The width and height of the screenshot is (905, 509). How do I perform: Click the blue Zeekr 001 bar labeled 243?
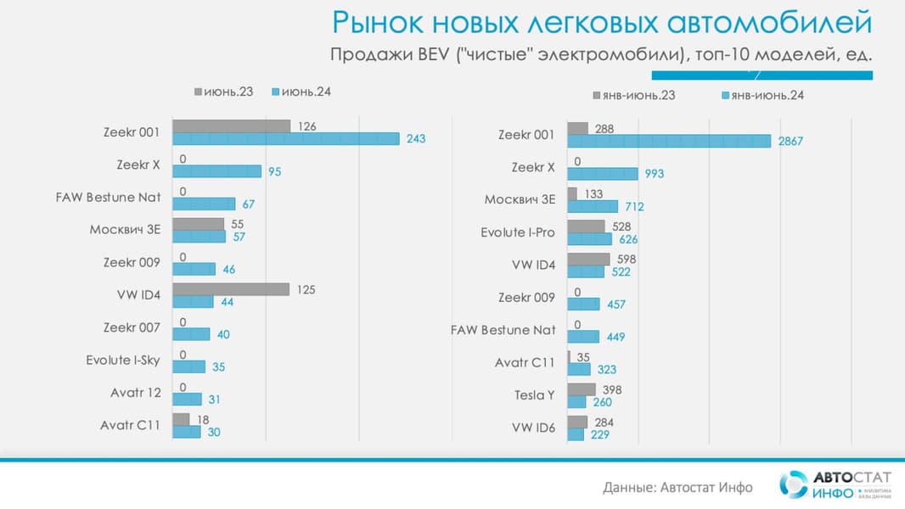tap(285, 138)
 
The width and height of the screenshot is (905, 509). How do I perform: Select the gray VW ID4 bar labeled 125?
tap(231, 289)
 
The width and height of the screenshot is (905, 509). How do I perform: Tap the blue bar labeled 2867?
tap(669, 141)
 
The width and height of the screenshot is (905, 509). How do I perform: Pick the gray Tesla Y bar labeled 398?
tap(582, 389)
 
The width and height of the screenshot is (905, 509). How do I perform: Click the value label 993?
tap(654, 174)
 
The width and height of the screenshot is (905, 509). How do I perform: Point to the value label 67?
tap(248, 204)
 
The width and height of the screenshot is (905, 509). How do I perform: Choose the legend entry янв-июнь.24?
tap(762, 95)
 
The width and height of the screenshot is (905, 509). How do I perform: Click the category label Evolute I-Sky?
tap(122, 360)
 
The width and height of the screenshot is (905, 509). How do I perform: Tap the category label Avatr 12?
tap(135, 393)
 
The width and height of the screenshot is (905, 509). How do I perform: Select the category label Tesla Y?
tap(534, 395)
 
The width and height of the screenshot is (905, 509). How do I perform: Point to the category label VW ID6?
tap(533, 428)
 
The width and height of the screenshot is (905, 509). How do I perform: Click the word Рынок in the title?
tap(379, 22)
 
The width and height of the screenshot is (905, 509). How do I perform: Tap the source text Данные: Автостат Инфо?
tap(677, 487)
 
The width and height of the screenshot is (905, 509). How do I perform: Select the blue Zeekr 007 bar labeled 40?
tap(191, 334)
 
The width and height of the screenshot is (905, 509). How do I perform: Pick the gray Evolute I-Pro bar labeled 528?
tap(586, 227)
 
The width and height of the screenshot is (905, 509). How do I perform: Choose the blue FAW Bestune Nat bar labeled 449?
tap(583, 337)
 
